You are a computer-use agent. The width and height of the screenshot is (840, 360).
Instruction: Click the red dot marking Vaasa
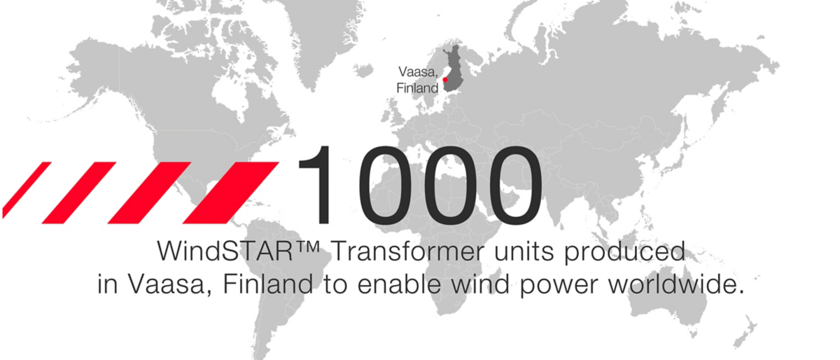pos(445,80)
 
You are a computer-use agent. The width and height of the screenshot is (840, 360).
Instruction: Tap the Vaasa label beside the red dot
pos(418,71)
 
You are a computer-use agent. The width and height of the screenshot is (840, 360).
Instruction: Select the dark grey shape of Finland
pos(453,69)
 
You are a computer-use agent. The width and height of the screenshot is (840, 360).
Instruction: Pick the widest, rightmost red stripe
pos(231,193)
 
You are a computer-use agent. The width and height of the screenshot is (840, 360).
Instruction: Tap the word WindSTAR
pos(225,251)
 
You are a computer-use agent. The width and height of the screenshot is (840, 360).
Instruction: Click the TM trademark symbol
pos(307,247)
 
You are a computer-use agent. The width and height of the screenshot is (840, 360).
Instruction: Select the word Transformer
pos(408,251)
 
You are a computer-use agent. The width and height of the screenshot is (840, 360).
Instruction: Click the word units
pos(524,252)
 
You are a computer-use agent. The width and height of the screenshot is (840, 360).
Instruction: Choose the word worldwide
pos(675,284)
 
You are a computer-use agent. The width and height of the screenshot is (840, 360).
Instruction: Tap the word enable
pos(400,284)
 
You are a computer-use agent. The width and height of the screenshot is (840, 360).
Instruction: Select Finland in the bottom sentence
pos(267,284)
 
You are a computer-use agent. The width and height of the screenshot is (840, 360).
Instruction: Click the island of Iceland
pos(363,70)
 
